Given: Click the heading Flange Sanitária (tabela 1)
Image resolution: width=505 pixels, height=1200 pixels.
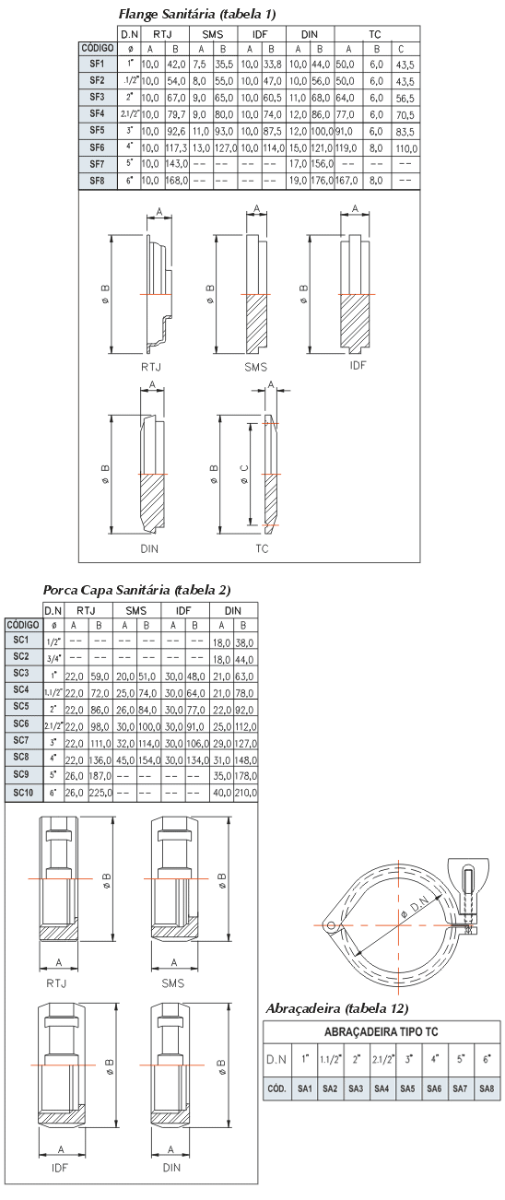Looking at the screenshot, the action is coord(197,14).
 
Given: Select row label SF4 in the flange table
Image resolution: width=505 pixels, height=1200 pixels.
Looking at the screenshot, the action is coord(97,113).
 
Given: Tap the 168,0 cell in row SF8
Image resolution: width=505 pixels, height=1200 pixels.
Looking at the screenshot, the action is coord(176,181).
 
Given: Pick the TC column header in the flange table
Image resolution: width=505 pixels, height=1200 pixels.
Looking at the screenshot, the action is coord(375,34).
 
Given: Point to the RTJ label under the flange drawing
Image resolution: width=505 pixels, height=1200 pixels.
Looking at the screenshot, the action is coord(151,367).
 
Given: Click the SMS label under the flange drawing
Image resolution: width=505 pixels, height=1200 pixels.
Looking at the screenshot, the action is coord(255,367).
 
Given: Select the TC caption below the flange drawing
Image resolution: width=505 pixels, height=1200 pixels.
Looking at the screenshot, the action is coord(262,548).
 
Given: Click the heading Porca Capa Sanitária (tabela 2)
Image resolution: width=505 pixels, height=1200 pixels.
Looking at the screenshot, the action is coord(137,590).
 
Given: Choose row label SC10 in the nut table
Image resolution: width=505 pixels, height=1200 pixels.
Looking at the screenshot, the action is coord(23,793).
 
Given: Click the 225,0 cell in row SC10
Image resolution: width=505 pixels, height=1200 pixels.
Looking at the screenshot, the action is coord(100,793).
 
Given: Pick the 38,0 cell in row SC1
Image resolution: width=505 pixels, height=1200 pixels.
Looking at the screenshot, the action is coord(244,642).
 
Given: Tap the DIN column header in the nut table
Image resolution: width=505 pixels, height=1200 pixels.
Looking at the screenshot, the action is coord(233,610).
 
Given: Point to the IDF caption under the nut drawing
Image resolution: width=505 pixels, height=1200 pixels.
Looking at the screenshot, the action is coord(60,1168).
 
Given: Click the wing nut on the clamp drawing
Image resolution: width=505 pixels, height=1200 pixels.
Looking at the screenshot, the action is coord(468,872).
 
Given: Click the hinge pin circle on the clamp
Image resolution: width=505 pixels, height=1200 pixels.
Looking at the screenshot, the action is coord(331,925).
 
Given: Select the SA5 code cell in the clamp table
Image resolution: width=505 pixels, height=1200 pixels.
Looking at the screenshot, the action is coord(407,1088).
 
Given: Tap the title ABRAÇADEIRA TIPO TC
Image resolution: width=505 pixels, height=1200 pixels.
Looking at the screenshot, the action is coord(382,1031).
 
